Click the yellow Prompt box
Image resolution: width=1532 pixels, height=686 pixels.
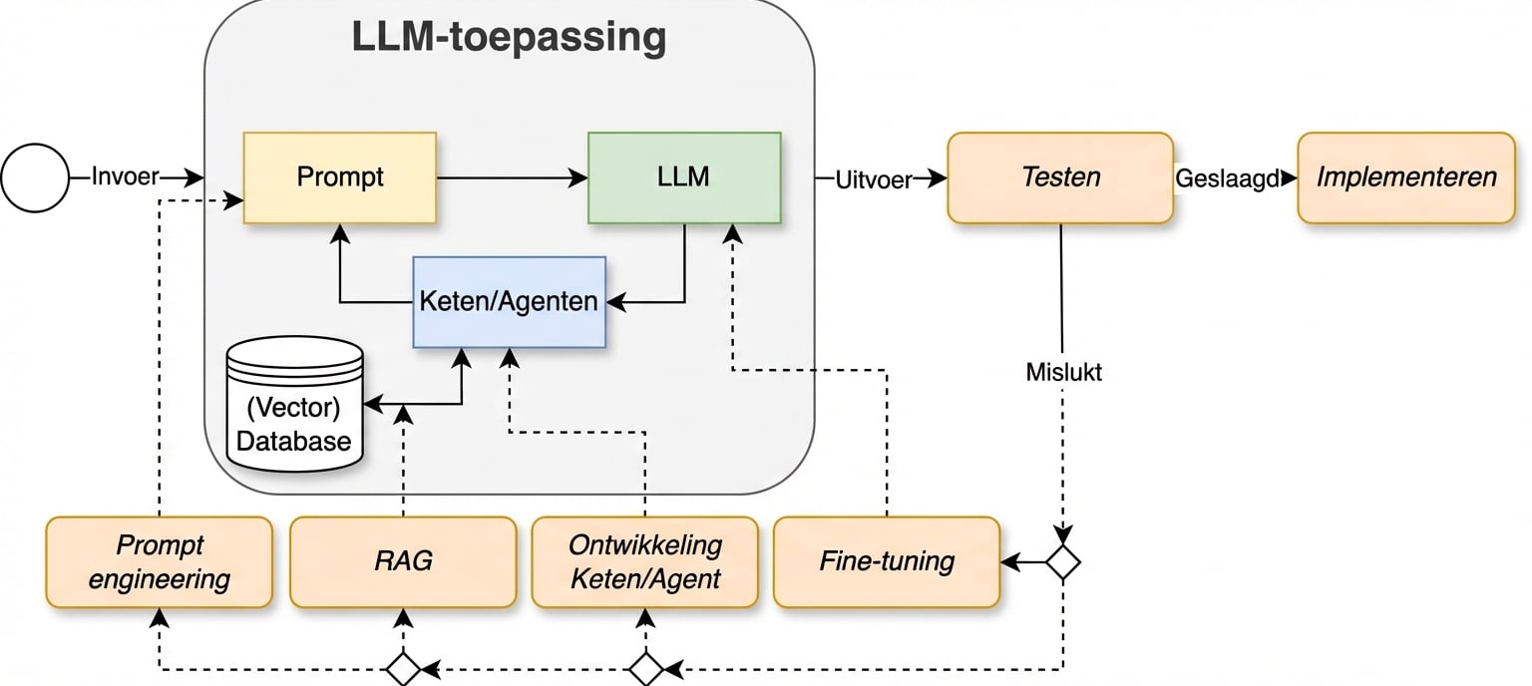point(339,177)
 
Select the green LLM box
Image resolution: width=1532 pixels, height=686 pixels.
point(684,177)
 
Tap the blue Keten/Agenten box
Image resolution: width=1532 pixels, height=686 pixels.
point(509,301)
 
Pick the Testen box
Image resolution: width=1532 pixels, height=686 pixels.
point(1059,177)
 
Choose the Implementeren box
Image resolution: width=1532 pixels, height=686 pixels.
point(1405,177)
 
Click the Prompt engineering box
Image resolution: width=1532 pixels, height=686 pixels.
point(159,561)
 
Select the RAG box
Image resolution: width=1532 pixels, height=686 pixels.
point(403,561)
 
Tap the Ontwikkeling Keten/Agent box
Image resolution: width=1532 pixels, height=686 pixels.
point(644,561)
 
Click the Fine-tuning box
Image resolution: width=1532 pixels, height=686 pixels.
point(886,561)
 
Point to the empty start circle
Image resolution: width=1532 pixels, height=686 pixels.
point(35,178)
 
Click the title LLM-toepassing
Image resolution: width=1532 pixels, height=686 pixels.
point(509,38)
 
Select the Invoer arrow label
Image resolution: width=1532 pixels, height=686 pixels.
point(125,177)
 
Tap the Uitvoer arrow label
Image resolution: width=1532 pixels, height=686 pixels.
point(873,178)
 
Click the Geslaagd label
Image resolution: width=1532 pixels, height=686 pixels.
point(1227,178)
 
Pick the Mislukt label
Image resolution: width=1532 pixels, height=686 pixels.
point(1063,372)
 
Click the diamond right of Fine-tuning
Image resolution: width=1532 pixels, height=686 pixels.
point(1063,562)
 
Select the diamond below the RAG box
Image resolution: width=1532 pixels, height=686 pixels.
point(403,668)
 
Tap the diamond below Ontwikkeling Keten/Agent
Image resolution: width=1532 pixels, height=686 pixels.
point(645,668)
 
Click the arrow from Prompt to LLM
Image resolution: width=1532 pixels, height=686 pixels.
point(512,178)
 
